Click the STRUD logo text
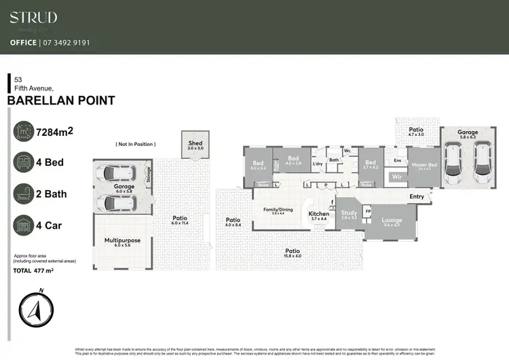33,18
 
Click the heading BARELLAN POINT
60,101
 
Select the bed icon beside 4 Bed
24,162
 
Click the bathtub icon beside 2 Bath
24,194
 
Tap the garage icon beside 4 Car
24,226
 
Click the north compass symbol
35,312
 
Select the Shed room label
195,145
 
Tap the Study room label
349,214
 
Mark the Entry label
416,197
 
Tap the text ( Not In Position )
135,144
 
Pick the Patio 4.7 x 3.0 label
416,131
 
